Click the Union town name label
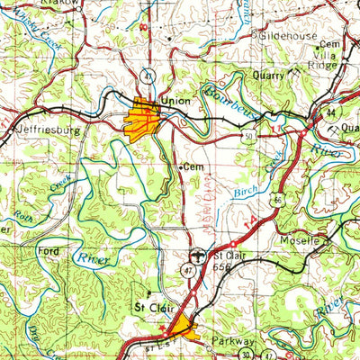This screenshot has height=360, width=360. (176, 101)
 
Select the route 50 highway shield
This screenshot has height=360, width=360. (244, 136)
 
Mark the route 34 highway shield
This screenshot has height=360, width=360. (333, 112)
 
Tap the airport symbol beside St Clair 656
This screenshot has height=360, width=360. (199, 255)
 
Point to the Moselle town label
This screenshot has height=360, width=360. (302, 241)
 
